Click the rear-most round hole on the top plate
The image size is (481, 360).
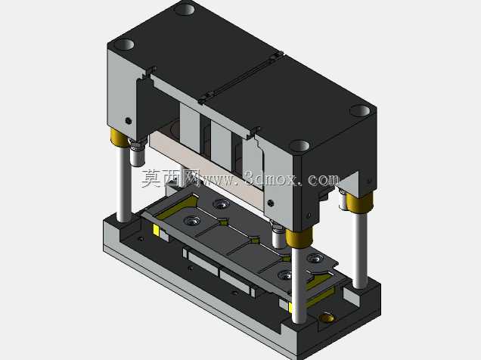pyautogui.click(x=185, y=8)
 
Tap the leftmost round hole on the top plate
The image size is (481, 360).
pyautogui.click(x=123, y=45)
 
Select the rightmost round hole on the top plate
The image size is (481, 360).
pyautogui.click(x=360, y=110)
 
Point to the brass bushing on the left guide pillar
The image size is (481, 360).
pyautogui.click(x=119, y=138)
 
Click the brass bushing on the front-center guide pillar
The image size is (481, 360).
pyautogui.click(x=299, y=237)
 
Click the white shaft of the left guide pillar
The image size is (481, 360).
pyautogui.click(x=124, y=183)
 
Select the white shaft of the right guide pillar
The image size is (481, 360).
pyautogui.click(x=359, y=250)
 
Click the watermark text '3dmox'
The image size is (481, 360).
pyautogui.click(x=271, y=178)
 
